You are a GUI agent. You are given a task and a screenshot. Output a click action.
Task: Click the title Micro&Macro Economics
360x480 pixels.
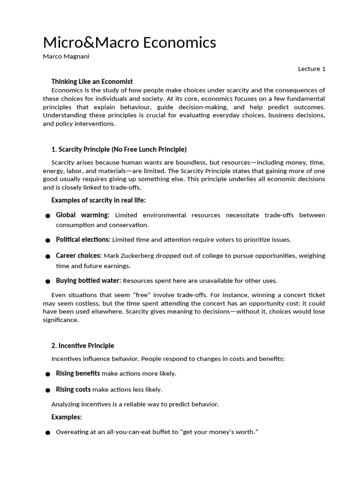129,43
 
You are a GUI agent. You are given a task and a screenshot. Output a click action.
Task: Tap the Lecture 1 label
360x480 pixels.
311,69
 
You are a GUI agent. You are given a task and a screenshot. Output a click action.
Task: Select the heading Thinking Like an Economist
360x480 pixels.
92,81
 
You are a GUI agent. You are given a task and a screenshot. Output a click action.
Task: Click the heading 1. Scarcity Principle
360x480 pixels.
119,149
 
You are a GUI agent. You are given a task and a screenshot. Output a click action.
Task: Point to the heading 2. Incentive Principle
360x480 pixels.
82,345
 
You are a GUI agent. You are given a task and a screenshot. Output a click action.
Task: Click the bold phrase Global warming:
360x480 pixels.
82,215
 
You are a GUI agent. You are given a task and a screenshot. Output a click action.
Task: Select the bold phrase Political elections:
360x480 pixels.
83,240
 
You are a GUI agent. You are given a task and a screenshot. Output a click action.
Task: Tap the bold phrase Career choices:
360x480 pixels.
79,255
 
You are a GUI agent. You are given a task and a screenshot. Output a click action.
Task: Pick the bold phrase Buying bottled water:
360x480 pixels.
88,280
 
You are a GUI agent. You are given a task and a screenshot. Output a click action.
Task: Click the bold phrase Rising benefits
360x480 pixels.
78,373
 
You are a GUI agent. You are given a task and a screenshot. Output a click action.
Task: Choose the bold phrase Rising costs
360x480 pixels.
73,389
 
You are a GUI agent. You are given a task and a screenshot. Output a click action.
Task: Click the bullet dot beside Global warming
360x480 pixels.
48,216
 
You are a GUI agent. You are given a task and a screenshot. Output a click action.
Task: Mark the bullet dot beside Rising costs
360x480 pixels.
48,390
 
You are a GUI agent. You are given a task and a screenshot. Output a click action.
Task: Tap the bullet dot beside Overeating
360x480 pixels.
48,433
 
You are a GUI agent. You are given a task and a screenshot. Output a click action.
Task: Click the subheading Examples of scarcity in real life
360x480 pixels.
98,201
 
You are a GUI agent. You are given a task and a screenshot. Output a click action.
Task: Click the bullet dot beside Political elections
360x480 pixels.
48,240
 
